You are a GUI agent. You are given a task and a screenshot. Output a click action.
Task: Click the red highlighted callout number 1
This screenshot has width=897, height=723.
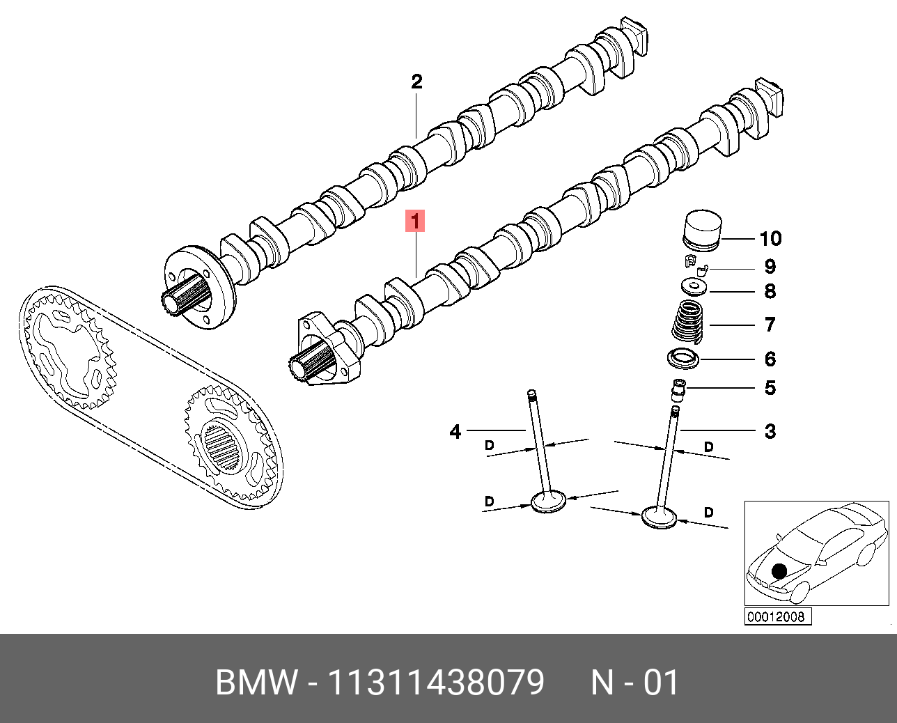coord(415,221)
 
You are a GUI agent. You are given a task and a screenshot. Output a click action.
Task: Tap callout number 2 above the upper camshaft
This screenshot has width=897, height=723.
coord(416,82)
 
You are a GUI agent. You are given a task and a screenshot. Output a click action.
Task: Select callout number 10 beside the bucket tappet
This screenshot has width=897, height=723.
coord(770,239)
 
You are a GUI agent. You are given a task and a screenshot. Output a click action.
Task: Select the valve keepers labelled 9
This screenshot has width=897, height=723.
coord(694,265)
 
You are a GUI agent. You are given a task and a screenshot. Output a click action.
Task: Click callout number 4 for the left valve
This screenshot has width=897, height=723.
coord(455,432)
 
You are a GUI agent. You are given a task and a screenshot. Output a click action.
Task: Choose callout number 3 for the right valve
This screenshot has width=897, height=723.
coord(770,432)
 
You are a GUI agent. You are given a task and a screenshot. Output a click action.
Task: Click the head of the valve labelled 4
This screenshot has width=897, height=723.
coord(549,501)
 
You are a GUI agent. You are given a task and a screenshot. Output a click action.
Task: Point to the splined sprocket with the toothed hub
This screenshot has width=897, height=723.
coord(224,445)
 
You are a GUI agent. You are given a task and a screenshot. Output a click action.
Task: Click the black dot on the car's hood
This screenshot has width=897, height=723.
coord(779,572)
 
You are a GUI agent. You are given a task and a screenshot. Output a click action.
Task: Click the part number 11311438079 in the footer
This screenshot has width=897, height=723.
coord(436,683)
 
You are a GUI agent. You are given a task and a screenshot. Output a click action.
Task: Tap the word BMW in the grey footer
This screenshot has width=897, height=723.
coord(256,683)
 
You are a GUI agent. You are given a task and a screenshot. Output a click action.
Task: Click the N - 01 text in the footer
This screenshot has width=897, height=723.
coord(634,683)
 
